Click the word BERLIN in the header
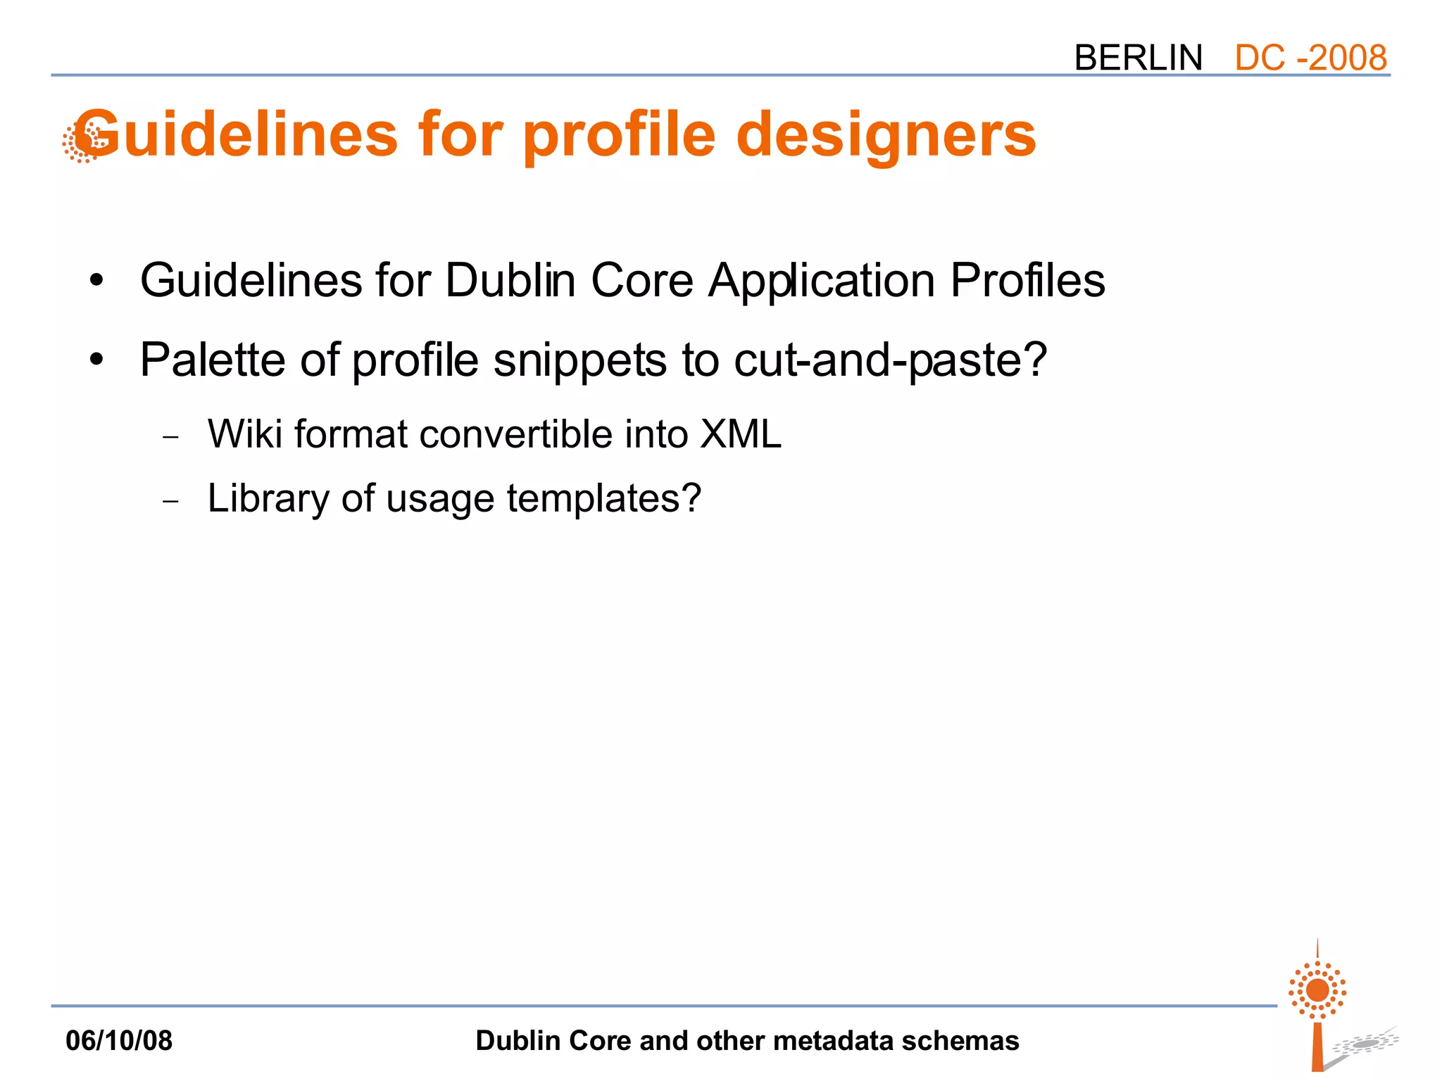click(1138, 58)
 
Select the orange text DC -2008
click(1310, 58)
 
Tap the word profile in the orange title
click(619, 135)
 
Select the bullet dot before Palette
click(96, 360)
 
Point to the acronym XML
click(741, 434)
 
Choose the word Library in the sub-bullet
click(268, 499)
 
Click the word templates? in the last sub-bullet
click(603, 499)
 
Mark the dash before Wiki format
click(170, 437)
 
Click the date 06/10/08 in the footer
click(119, 1040)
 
